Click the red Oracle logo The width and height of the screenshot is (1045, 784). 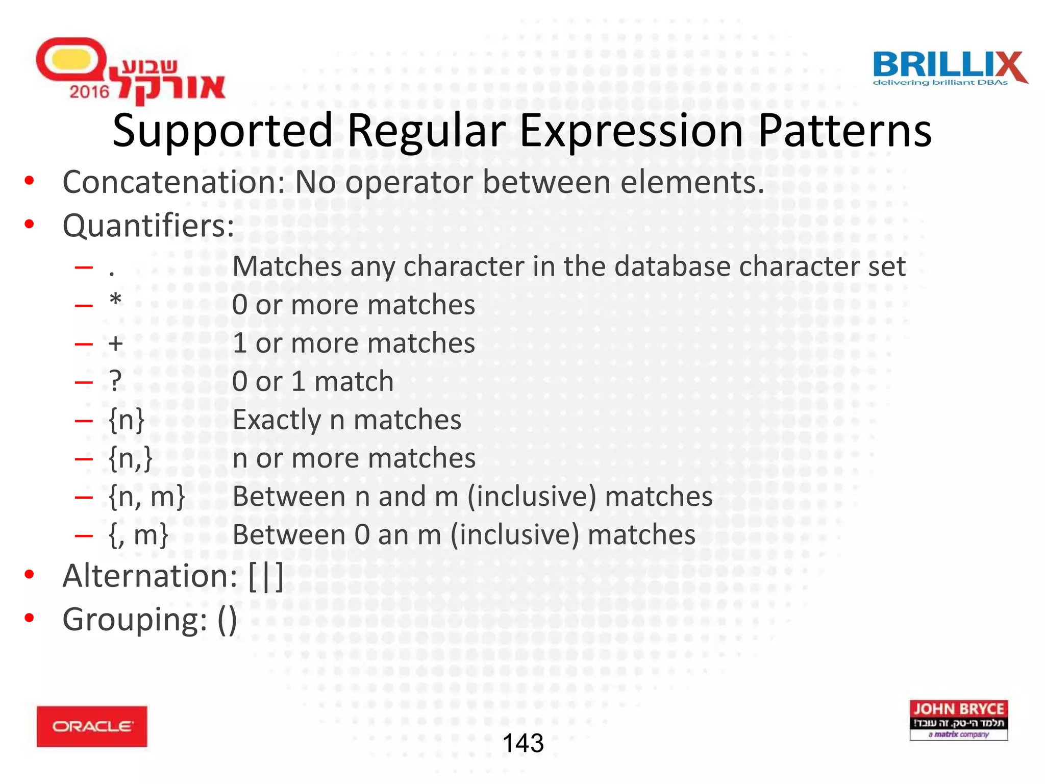click(92, 726)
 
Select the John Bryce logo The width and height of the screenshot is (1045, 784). click(958, 720)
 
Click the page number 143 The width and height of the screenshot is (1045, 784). click(523, 743)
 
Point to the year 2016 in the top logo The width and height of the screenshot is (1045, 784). click(89, 92)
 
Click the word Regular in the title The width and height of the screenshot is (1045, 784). click(426, 131)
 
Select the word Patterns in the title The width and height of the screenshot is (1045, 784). click(844, 131)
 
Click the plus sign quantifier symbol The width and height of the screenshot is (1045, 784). click(116, 343)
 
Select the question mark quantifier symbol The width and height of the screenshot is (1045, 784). click(116, 381)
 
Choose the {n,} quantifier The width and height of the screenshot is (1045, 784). click(131, 458)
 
